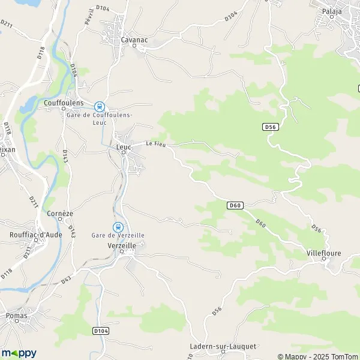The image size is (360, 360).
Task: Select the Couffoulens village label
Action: click(x=64, y=103)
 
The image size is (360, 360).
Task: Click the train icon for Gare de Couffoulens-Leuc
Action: click(x=100, y=106)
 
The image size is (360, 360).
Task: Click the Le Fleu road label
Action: click(x=155, y=143)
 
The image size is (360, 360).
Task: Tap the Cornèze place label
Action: click(x=59, y=213)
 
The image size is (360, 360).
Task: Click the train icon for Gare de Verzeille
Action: click(x=118, y=227)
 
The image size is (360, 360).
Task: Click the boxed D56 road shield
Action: click(x=269, y=127)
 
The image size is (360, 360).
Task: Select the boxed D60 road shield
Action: click(x=235, y=205)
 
